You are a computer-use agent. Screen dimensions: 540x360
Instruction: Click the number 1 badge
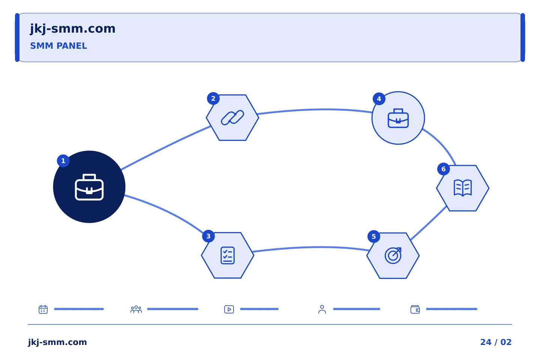[63, 161]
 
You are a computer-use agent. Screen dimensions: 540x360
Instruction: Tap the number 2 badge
[213, 98]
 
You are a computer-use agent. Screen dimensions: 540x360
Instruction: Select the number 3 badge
[208, 236]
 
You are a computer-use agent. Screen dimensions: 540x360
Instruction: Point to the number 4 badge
[379, 99]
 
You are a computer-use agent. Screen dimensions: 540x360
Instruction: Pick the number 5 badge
[373, 237]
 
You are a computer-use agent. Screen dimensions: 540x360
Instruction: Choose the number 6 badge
[443, 169]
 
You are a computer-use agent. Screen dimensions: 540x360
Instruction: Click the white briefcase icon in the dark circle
[89, 187]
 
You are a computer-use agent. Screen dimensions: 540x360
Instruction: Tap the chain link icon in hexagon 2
[232, 118]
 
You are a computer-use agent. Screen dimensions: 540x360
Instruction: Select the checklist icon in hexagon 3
[228, 255]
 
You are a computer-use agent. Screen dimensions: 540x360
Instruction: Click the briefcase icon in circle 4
[398, 118]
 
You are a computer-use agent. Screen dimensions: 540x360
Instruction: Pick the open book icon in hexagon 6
[463, 188]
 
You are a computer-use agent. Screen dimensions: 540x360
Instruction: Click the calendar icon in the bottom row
[43, 309]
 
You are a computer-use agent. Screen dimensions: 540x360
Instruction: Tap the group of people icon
[136, 309]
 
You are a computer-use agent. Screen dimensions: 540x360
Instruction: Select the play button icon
[229, 309]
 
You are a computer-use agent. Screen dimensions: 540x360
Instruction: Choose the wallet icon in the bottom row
[415, 309]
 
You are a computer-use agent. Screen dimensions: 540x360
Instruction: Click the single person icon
[322, 309]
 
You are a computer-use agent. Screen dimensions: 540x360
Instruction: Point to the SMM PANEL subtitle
[58, 46]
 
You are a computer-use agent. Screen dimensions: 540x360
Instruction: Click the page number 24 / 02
[496, 342]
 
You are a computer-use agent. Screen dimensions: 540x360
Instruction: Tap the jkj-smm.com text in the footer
[57, 342]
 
